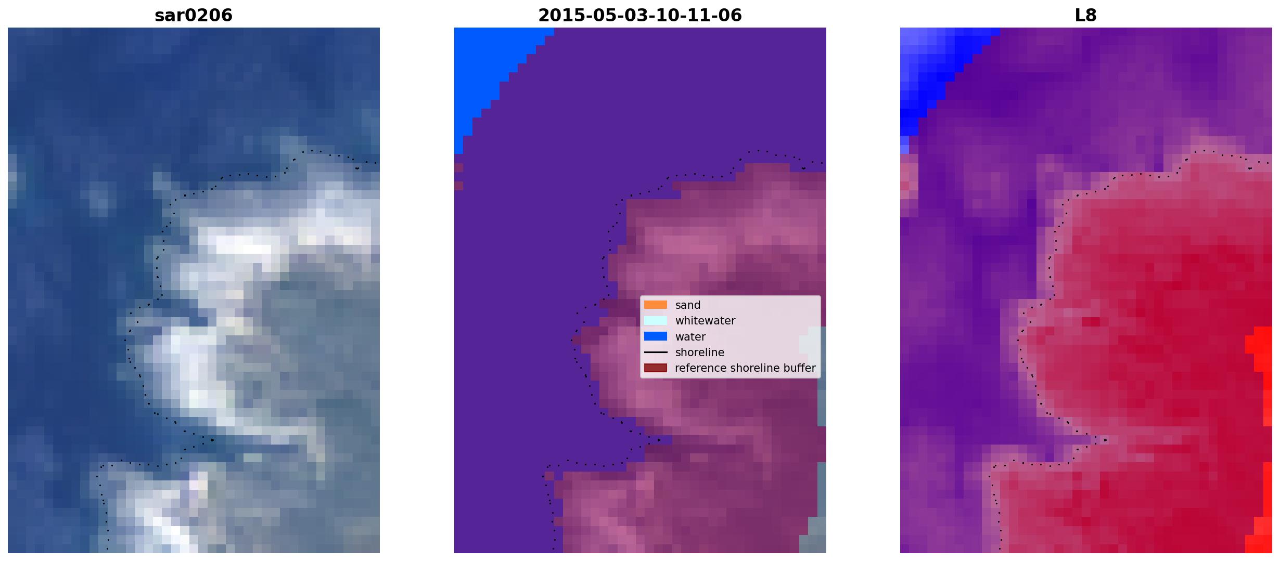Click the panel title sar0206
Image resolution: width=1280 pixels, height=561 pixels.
coord(194,15)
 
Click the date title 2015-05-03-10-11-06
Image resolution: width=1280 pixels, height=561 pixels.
coord(640,15)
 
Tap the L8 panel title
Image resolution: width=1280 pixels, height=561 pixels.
coord(1086,15)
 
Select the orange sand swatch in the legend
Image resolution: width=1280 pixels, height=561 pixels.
coord(656,305)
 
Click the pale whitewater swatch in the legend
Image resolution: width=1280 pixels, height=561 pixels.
coord(656,320)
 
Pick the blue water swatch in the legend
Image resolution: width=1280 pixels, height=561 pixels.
coord(656,336)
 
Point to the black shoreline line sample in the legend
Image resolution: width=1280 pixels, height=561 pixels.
coord(656,353)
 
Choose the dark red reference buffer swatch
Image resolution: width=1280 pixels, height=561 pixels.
coord(656,368)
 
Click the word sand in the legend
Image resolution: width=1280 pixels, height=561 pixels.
coord(688,305)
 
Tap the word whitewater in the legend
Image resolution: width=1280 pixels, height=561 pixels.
coord(705,321)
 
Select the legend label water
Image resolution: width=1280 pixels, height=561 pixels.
coord(690,337)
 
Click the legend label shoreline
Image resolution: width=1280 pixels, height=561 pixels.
coord(700,353)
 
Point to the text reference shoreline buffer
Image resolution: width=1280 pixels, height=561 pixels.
coord(745,368)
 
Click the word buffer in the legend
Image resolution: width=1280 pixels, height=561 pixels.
coord(799,368)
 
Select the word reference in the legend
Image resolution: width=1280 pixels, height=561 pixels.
coord(699,368)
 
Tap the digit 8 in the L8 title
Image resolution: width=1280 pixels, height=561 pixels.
coord(1092,15)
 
